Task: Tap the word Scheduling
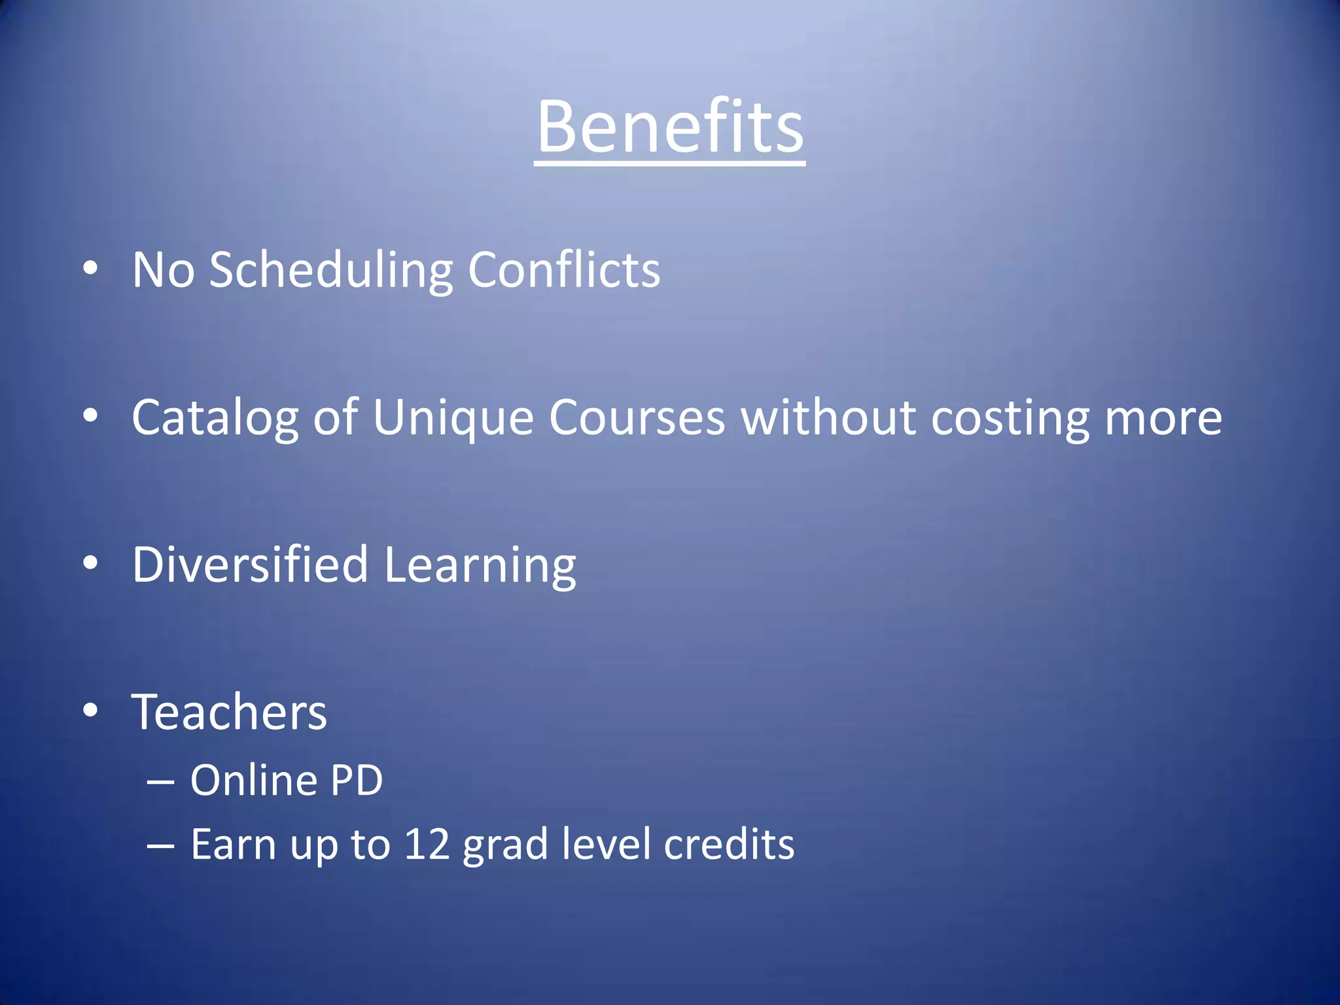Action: pos(331,270)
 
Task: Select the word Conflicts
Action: pos(563,270)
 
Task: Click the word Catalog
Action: pos(215,418)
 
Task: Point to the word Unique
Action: pos(453,418)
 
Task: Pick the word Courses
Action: pos(637,418)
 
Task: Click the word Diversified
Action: pos(250,565)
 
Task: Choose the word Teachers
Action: pos(229,713)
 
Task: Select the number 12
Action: pos(427,844)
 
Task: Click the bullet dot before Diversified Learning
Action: pos(90,563)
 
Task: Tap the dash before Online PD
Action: pos(160,782)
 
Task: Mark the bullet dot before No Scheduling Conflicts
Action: pos(90,268)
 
